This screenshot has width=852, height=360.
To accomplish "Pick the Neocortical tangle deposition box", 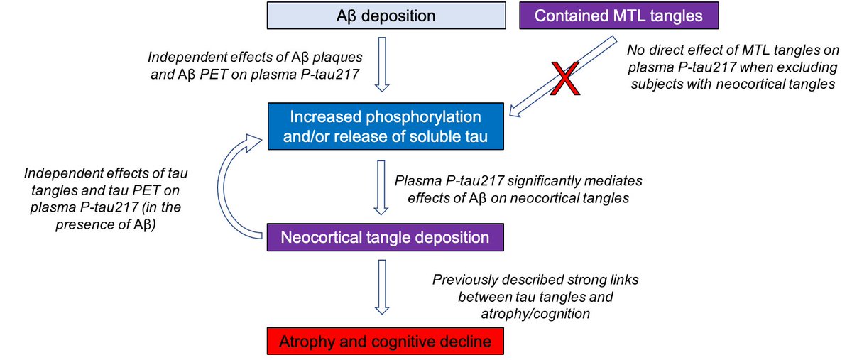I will pyautogui.click(x=386, y=237).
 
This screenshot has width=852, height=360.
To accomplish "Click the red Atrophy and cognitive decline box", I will pyautogui.click(x=386, y=342).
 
